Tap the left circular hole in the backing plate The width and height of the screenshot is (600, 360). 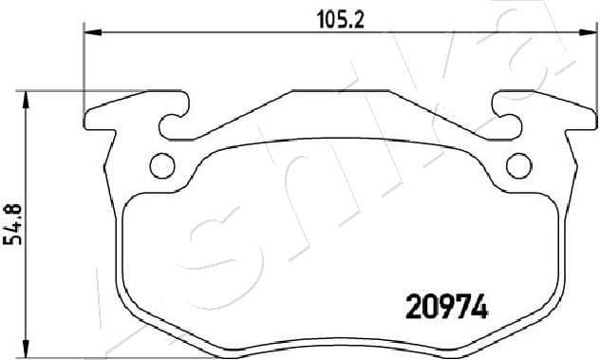click(x=162, y=165)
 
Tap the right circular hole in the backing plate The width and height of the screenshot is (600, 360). click(x=517, y=165)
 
